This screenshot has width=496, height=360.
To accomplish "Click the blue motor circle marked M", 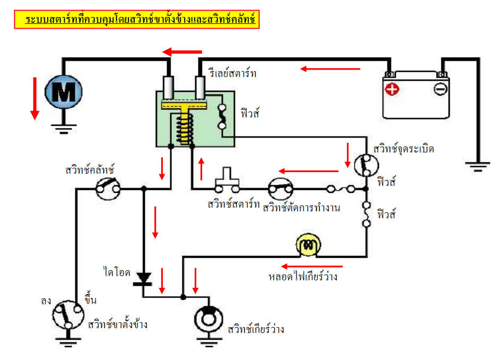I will pos(63,94).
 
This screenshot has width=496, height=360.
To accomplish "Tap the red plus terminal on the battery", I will pos(392,89).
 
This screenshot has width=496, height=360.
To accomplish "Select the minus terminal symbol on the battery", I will pos(440,89).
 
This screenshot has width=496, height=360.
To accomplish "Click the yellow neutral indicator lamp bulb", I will pos(309,245).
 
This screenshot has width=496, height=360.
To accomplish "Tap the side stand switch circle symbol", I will pos(68,316).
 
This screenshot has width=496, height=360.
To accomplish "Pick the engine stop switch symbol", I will pos(281,188).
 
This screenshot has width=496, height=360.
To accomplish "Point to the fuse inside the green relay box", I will pos(223,117).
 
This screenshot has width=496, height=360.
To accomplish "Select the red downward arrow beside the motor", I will pos(35,98).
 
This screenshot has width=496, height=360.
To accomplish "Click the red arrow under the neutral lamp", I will pos(312,266).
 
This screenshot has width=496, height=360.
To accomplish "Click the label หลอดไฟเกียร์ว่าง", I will pos(303,277).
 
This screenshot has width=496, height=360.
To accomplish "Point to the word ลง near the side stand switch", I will pos(46,301).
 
